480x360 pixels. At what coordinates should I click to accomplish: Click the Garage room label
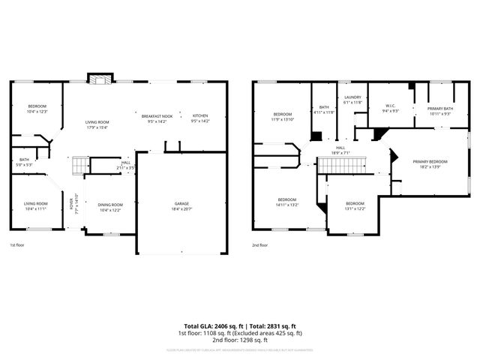(x=181, y=205)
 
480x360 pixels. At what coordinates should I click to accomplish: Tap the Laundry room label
(x=352, y=100)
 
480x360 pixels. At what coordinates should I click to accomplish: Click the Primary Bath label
(x=440, y=111)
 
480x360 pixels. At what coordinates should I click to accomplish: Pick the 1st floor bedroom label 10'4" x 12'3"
(x=37, y=109)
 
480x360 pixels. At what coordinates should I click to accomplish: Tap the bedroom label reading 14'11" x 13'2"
(x=287, y=202)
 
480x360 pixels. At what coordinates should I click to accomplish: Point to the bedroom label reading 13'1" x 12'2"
(x=355, y=206)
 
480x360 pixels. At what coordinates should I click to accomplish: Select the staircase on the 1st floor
(x=80, y=163)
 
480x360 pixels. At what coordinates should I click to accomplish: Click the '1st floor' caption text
(x=18, y=245)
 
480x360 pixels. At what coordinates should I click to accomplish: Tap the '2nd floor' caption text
(x=261, y=245)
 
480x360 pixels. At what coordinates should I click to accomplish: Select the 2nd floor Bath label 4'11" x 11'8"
(x=324, y=109)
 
